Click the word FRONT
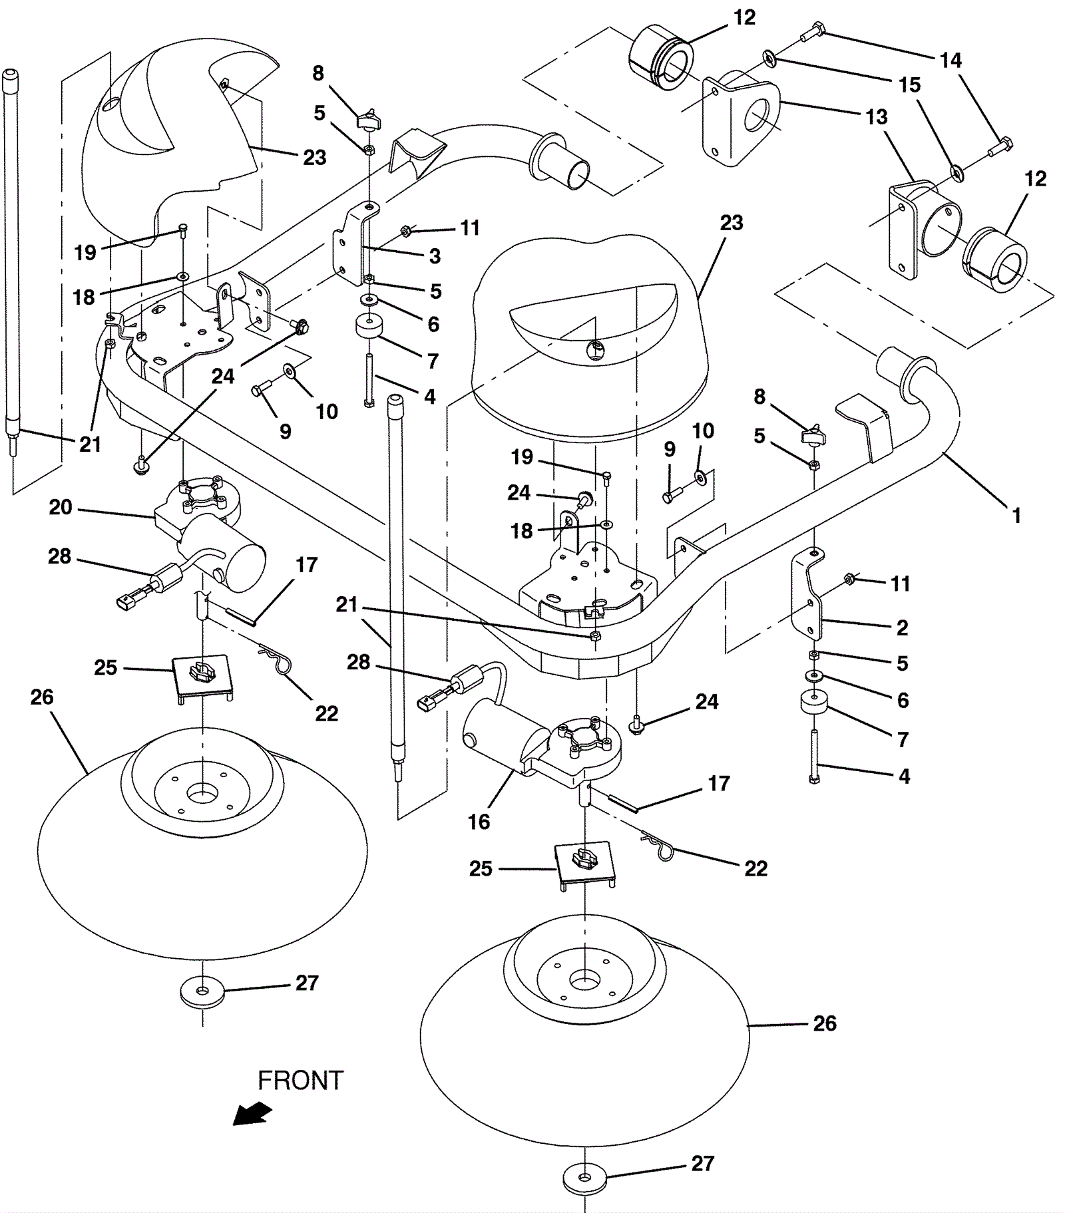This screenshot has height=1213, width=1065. point(300,1081)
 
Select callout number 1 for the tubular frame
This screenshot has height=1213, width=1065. point(1016,515)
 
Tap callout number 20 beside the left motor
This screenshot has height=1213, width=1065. point(60,508)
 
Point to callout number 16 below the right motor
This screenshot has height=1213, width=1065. point(479,822)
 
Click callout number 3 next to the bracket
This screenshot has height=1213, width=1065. point(435,256)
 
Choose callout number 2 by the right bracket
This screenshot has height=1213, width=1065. point(902,627)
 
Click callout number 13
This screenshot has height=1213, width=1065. point(877,117)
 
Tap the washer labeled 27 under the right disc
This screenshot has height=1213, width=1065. point(584,1178)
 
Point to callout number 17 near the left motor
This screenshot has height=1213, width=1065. point(306,565)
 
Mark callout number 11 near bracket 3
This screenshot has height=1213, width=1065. point(470,228)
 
